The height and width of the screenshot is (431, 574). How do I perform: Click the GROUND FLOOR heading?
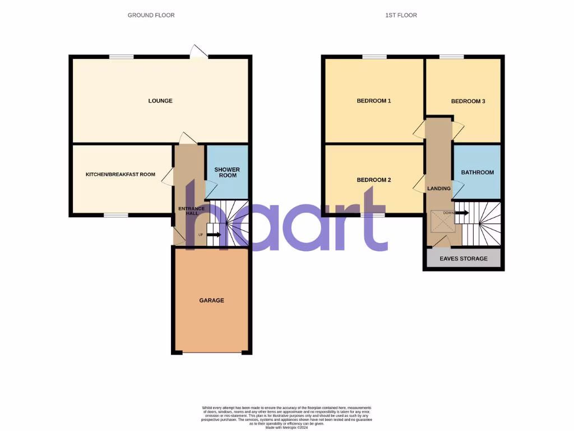151,15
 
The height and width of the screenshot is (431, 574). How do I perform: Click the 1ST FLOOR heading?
401,15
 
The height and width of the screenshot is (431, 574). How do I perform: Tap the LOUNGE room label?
160,101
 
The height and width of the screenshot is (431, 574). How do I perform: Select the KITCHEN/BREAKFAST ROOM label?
120,175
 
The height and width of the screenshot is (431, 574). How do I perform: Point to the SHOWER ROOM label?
226,172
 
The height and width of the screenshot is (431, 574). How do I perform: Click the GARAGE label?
211,300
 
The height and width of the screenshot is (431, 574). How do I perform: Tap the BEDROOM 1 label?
373,101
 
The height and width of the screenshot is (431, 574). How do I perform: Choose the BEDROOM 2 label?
373,180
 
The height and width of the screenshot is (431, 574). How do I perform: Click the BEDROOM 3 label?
467,102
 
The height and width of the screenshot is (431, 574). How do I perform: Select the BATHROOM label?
477,172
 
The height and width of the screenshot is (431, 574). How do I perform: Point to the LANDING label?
439,189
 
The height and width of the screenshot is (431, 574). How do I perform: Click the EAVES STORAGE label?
463,259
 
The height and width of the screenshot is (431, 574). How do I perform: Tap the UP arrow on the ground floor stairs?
213,235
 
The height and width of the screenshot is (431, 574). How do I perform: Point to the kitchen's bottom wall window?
115,215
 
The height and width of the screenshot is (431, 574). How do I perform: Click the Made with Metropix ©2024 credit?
286,427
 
